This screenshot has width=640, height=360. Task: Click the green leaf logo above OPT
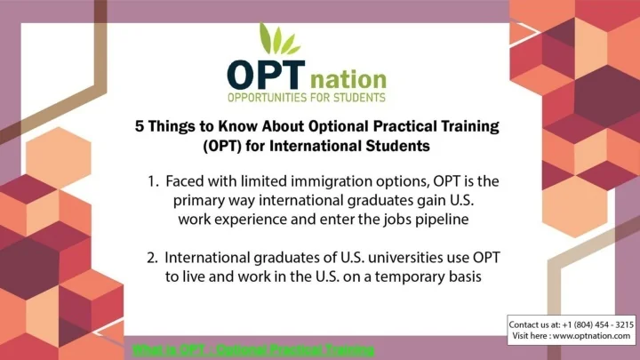click(281, 40)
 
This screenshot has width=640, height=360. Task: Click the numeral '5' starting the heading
click(140, 126)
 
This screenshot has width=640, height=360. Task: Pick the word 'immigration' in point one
click(340, 180)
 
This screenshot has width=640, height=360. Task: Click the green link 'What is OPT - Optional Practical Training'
click(254, 348)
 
